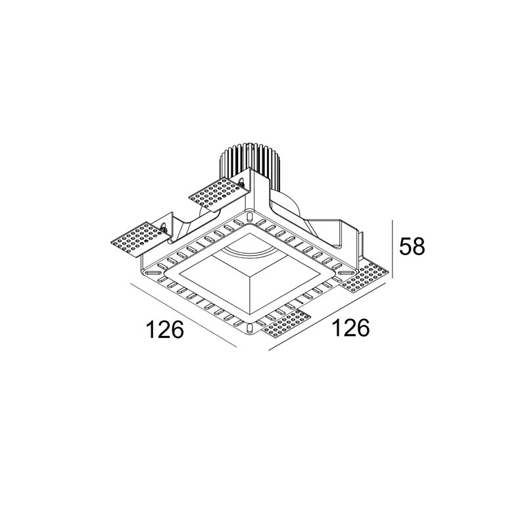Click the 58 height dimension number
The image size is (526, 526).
point(412,246)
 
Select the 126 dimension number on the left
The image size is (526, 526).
point(166,329)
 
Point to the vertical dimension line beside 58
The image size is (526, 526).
point(393,249)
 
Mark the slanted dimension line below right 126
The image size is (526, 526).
point(327,318)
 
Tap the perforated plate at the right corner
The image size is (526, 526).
point(366,277)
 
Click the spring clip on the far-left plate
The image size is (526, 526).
point(164,227)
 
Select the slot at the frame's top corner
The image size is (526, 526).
point(249,216)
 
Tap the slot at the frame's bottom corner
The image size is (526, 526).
point(249,327)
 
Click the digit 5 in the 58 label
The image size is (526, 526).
point(405,246)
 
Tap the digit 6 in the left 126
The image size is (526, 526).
point(178,329)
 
